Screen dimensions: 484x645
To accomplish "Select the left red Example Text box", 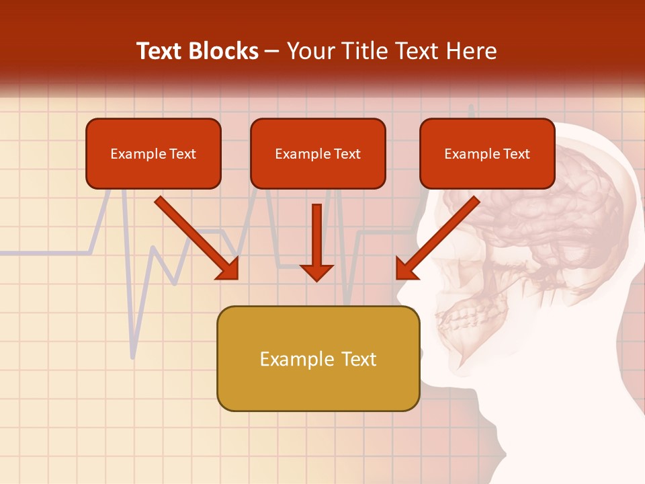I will (x=153, y=154).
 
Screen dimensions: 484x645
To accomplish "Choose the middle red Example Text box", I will (x=318, y=154).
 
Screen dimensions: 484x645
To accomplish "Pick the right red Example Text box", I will (x=487, y=154).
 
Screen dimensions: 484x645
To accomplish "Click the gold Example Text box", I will (x=318, y=359).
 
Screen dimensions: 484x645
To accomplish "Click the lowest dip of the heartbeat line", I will (x=132, y=357).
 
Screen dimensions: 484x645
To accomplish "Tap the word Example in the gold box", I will (x=292, y=359).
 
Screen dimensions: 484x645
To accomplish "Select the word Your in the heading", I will (x=308, y=51).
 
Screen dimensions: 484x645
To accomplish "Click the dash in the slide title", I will (x=272, y=52).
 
